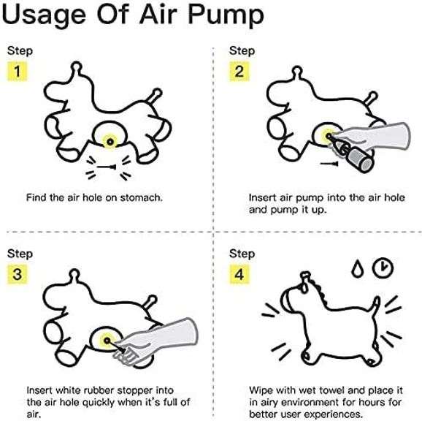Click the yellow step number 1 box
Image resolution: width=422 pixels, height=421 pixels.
[18, 72]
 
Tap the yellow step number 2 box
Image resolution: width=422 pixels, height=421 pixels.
[239, 72]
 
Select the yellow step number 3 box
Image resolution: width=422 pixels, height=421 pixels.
[18, 274]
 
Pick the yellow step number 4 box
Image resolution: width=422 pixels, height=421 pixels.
[239, 274]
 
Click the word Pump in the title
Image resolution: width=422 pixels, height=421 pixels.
[226, 15]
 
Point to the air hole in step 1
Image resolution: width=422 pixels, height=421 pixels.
[110, 141]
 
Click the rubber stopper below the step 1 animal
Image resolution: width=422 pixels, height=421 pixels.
[107, 167]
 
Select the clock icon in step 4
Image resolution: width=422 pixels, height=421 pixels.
[383, 268]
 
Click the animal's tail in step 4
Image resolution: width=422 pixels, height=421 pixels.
[375, 306]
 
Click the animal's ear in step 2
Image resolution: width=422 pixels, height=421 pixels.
[297, 72]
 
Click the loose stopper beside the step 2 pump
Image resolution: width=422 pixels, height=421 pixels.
[329, 163]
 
